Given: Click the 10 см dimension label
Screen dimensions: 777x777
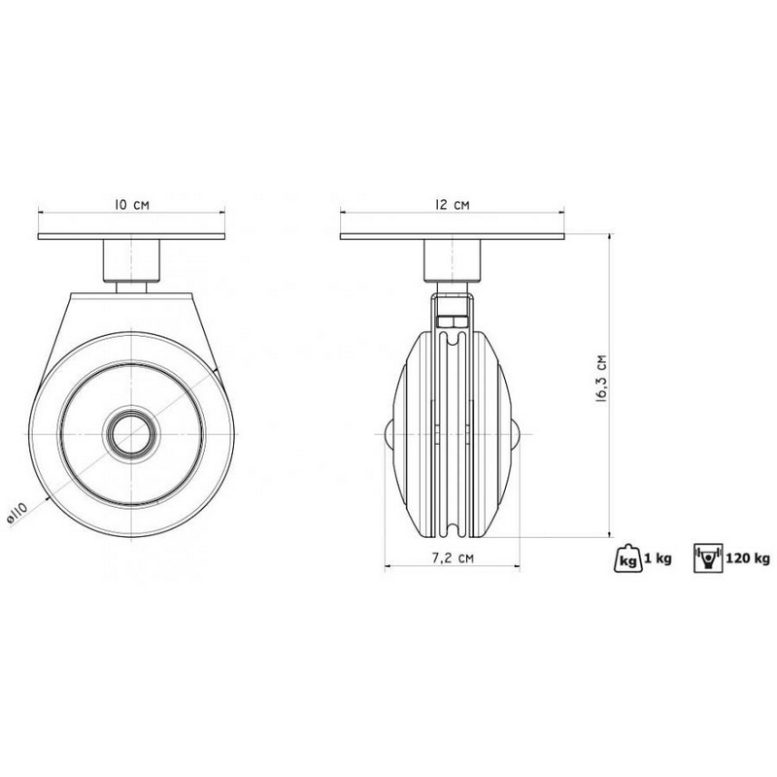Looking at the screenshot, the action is [132, 204].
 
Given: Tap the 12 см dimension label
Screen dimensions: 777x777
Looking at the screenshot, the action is [452, 204].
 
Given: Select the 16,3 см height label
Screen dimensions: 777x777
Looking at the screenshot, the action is [602, 378].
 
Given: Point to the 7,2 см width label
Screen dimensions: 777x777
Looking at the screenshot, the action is [453, 557].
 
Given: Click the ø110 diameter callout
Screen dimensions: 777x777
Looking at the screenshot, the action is [17, 512].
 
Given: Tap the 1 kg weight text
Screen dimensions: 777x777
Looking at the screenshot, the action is [658, 559].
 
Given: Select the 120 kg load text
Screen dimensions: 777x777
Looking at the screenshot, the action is [748, 559].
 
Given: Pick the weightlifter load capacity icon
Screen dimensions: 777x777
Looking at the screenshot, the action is [708, 558].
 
